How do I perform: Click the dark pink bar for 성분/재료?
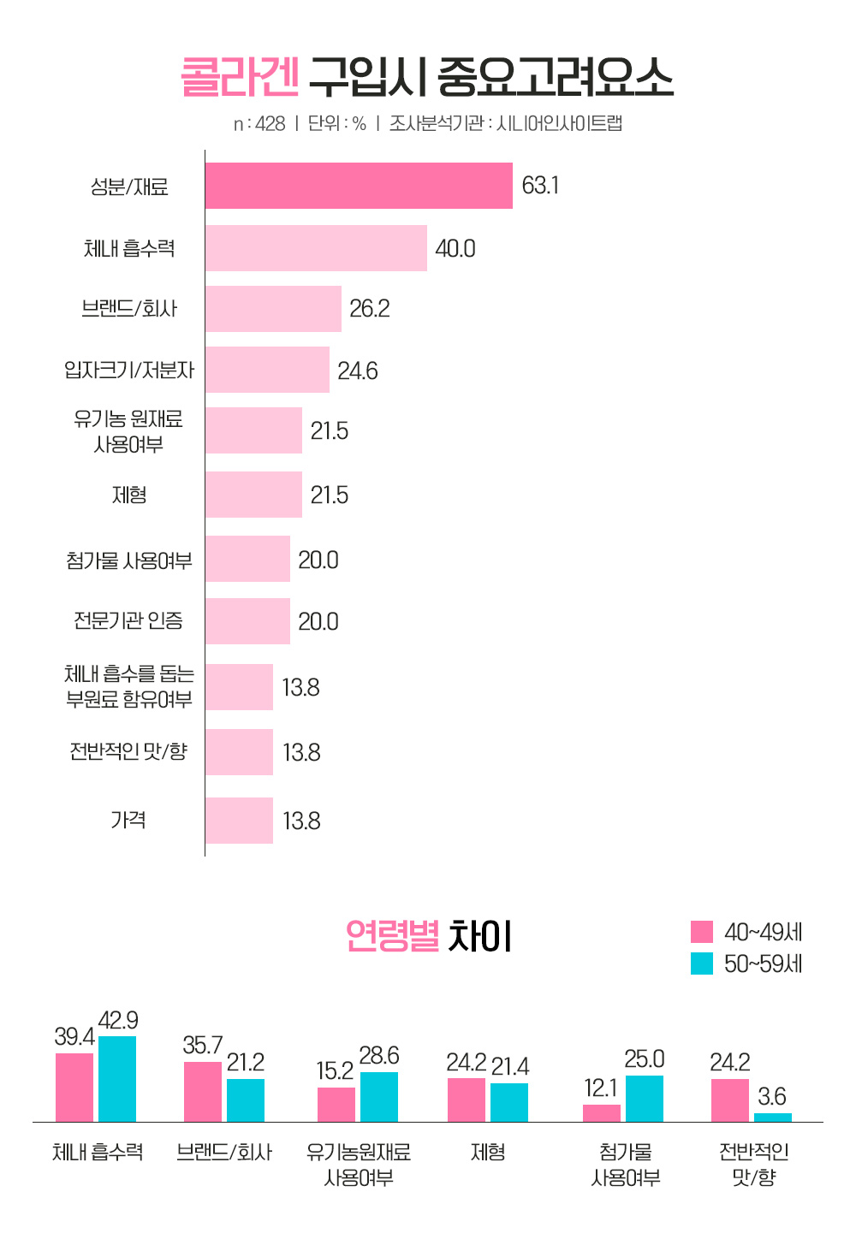[x=359, y=186]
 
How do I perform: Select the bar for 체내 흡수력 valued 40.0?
[x=316, y=248]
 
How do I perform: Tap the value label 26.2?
[x=370, y=309]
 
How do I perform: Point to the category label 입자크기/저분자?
[x=129, y=370]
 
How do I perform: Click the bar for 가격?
[x=239, y=821]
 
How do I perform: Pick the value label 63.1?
[x=540, y=186]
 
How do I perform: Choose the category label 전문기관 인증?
[x=128, y=620]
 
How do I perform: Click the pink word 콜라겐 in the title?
[x=240, y=78]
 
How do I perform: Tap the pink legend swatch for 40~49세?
[x=702, y=932]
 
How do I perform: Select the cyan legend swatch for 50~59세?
[x=702, y=963]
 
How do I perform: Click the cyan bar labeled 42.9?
[x=117, y=1078]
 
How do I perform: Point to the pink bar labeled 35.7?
[x=203, y=1091]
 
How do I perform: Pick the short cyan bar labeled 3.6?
[x=773, y=1117]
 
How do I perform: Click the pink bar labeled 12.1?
[x=602, y=1112]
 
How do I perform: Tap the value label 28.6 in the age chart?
[x=379, y=1056]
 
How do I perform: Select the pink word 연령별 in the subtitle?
[x=392, y=936]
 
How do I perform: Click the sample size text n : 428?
[x=259, y=124]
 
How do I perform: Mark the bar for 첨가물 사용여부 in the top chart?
[x=247, y=559]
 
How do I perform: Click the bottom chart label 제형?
[x=488, y=1153]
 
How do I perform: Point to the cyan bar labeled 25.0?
[x=645, y=1098]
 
